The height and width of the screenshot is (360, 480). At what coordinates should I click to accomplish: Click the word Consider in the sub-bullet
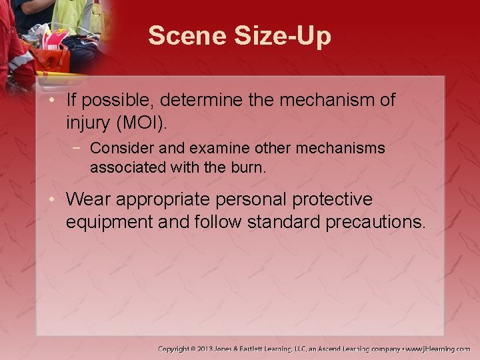pyautogui.click(x=116, y=147)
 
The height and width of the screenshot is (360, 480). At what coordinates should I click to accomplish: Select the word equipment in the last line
pyautogui.click(x=106, y=222)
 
